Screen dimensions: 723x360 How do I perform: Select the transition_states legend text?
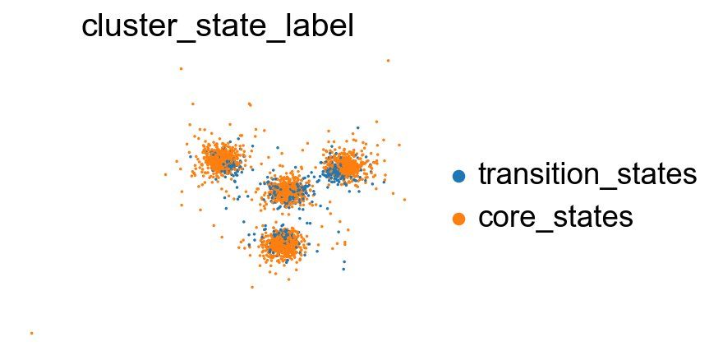tap(587, 174)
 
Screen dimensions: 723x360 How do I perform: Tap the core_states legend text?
tap(555, 216)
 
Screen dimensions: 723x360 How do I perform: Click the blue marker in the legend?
tap(458, 176)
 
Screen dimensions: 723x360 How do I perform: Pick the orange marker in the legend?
tap(458, 219)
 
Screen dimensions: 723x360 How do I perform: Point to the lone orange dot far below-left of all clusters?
tap(32, 333)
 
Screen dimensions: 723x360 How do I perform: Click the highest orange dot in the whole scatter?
tap(389, 61)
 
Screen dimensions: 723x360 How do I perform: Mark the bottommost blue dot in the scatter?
tap(343, 269)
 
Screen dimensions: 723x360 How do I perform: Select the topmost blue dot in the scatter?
tap(358, 127)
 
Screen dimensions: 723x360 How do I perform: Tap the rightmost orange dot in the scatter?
tap(404, 200)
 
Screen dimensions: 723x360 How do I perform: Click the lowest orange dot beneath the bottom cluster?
tap(252, 287)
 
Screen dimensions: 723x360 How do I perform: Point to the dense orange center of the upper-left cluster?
tap(220, 159)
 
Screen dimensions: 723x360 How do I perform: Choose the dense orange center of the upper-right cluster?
tap(348, 166)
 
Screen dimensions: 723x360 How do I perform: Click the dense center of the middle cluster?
tap(286, 191)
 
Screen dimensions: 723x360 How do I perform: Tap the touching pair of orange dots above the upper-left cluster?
tap(250, 104)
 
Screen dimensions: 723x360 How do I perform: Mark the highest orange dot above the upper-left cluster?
tap(182, 69)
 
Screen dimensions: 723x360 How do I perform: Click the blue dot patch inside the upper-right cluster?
tap(331, 172)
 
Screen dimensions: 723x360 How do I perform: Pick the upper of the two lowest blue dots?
tap(344, 261)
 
